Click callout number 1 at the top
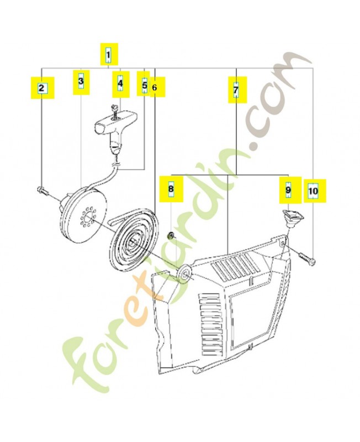tap(108, 55)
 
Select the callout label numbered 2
tap(41, 87)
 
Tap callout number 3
tap(81, 82)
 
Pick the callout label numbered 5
tap(144, 85)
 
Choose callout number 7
tap(235, 88)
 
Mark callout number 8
tap(171, 188)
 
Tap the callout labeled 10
tap(313, 191)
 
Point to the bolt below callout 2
tap(44, 191)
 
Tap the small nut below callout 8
tap(172, 237)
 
